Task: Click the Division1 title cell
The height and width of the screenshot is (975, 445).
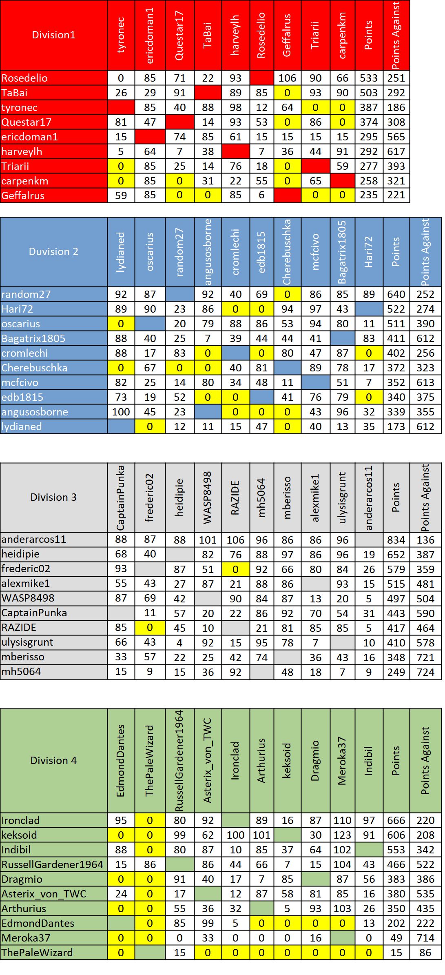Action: (54, 35)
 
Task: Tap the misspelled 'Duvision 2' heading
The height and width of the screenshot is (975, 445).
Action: (53, 251)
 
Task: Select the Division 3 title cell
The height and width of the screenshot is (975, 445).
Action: (53, 497)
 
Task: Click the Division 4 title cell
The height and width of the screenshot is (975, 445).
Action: (53, 760)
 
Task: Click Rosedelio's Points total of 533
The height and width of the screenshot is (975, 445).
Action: (369, 78)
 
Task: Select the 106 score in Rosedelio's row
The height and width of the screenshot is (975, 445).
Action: (287, 78)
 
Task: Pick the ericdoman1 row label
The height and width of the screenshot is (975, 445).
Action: (29, 137)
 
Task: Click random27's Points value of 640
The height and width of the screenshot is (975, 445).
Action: (396, 294)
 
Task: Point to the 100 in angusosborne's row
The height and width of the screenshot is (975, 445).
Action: (121, 412)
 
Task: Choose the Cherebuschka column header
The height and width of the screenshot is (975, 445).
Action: (287, 252)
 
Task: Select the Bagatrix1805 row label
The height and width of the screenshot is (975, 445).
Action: (33, 338)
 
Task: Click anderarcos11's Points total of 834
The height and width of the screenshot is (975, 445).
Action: (396, 540)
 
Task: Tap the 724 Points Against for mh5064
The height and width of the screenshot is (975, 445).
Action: (425, 672)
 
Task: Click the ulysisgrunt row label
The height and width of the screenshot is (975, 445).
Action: (27, 642)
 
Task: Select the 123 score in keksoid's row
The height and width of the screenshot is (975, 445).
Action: (342, 835)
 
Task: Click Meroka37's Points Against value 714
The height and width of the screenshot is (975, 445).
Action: (425, 938)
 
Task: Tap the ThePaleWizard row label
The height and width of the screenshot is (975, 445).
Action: (37, 953)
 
